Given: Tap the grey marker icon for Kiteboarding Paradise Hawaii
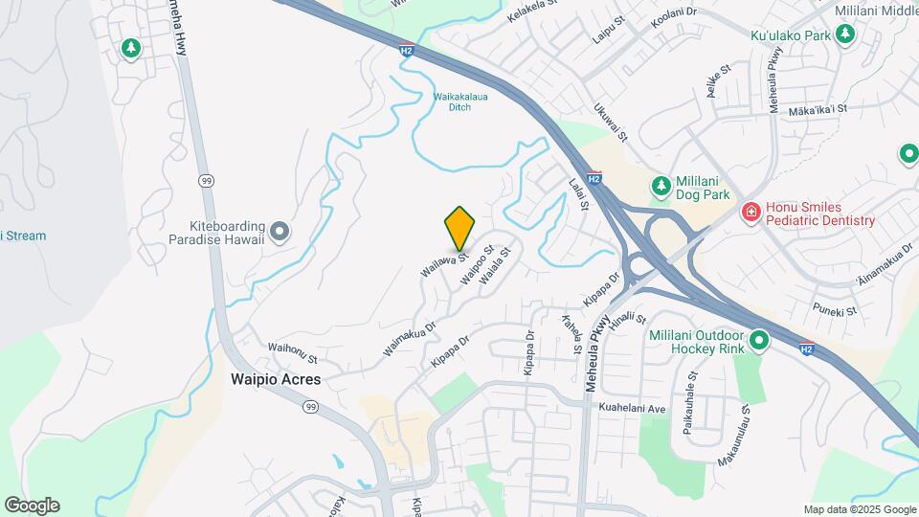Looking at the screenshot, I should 280,230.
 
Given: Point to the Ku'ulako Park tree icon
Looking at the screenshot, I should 844,35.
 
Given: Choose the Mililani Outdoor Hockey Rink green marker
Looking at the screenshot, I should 759,339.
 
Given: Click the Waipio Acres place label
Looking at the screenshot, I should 276,379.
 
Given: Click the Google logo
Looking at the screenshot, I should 32,505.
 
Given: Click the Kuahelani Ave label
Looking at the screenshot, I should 632,409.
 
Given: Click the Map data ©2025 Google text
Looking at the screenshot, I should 859,509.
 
